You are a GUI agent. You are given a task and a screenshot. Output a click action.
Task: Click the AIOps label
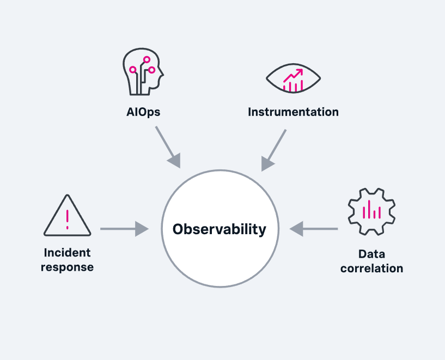pyautogui.click(x=143, y=112)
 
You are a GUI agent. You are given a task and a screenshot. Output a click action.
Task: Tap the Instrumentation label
pyautogui.click(x=293, y=112)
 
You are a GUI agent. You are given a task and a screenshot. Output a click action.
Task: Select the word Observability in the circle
pyautogui.click(x=220, y=229)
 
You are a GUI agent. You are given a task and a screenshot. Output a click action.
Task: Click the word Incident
pyautogui.click(x=67, y=253)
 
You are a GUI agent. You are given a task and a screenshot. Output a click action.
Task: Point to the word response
pyautogui.click(x=67, y=267)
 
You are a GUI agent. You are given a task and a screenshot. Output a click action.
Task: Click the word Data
pyautogui.click(x=371, y=254)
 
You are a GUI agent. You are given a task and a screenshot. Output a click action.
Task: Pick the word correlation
pyautogui.click(x=372, y=269)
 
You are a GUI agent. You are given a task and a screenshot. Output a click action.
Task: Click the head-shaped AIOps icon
pyautogui.click(x=143, y=71)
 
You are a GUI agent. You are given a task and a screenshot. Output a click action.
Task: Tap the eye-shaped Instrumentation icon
pyautogui.click(x=293, y=78)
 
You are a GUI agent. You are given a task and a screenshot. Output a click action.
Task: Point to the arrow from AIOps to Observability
pyautogui.click(x=168, y=147)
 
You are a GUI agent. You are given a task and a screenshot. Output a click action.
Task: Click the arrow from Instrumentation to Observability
pyautogui.click(x=273, y=151)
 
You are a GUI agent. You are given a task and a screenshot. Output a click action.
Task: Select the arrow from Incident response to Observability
pyautogui.click(x=124, y=229)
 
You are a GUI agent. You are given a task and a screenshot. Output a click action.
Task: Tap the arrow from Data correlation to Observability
pyautogui.click(x=314, y=229)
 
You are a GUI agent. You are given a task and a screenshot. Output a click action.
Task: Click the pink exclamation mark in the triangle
pyautogui.click(x=67, y=219)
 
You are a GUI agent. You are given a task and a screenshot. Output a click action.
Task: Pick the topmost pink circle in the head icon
pyautogui.click(x=147, y=59)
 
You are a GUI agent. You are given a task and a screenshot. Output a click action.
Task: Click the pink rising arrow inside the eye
pyautogui.click(x=294, y=76)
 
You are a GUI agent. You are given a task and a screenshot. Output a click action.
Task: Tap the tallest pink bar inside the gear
pyautogui.click(x=369, y=209)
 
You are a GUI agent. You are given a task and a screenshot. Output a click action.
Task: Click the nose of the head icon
pyautogui.click(x=162, y=74)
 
